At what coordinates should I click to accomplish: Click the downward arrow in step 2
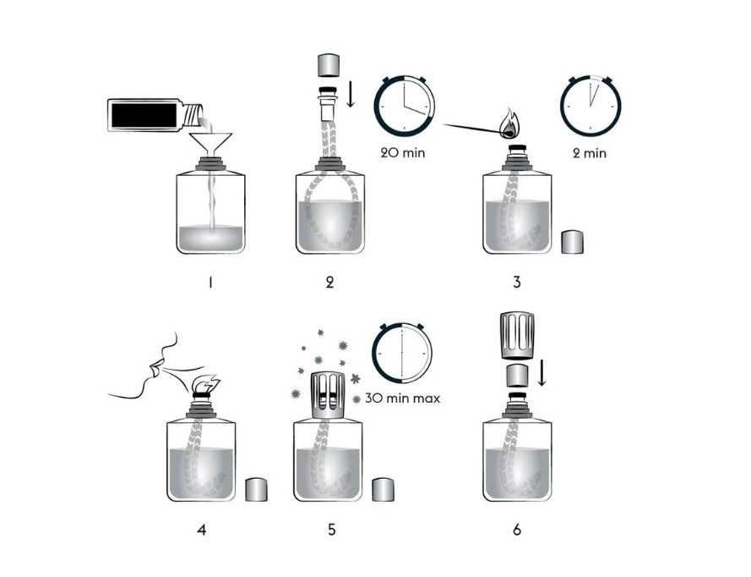[x=351, y=95]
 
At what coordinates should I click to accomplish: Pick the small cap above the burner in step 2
[x=328, y=65]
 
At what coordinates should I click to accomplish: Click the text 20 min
[x=405, y=153]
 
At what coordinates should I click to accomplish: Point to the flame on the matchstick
[x=510, y=124]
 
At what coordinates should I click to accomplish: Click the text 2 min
[x=589, y=153]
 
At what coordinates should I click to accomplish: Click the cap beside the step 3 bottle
[x=574, y=241]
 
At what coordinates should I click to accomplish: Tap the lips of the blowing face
[x=154, y=370]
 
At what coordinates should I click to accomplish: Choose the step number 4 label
[x=202, y=530]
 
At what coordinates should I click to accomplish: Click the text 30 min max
[x=403, y=398]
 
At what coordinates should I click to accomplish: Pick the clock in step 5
[x=401, y=349]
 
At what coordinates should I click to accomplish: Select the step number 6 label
[x=516, y=530]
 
